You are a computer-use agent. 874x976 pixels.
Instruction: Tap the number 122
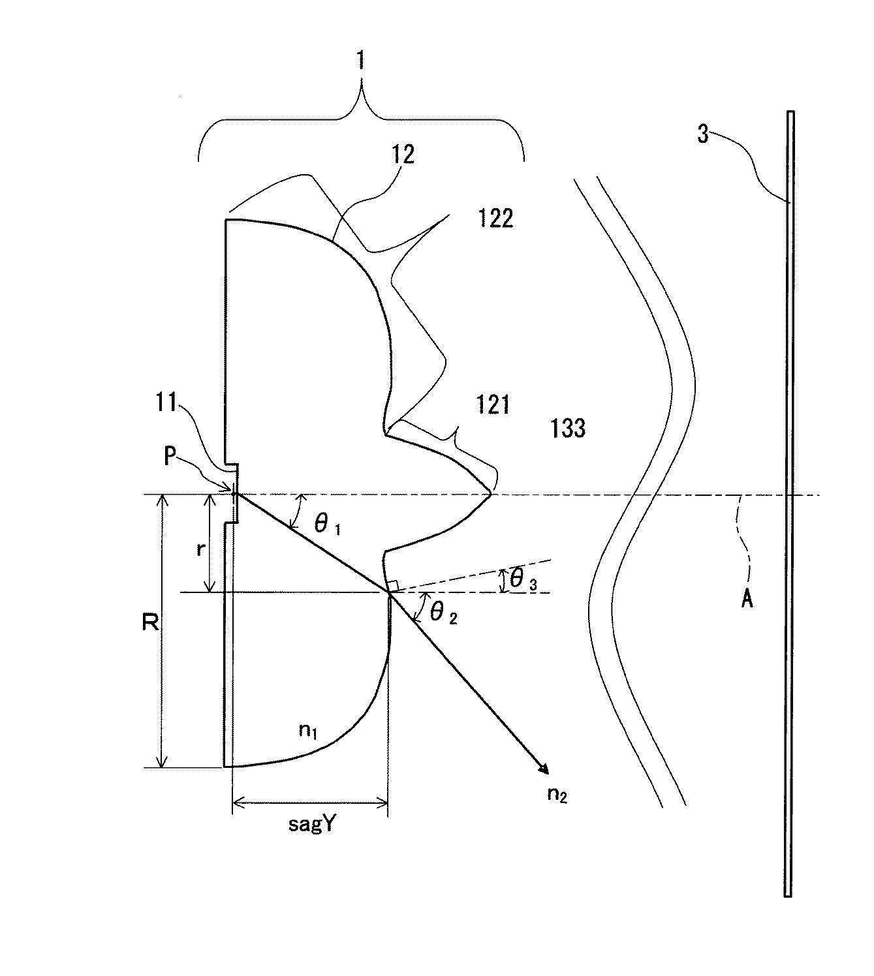(x=494, y=219)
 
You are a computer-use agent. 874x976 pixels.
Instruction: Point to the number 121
(x=493, y=406)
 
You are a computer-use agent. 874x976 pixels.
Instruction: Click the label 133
(x=567, y=428)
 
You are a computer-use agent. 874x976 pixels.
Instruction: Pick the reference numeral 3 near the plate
(x=702, y=138)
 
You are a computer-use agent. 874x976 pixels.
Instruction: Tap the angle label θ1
(x=328, y=524)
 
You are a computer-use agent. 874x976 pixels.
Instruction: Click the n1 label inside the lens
(x=308, y=730)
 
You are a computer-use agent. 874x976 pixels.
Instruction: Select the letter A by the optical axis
(x=747, y=599)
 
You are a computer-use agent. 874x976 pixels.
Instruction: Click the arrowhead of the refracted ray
(x=543, y=770)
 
